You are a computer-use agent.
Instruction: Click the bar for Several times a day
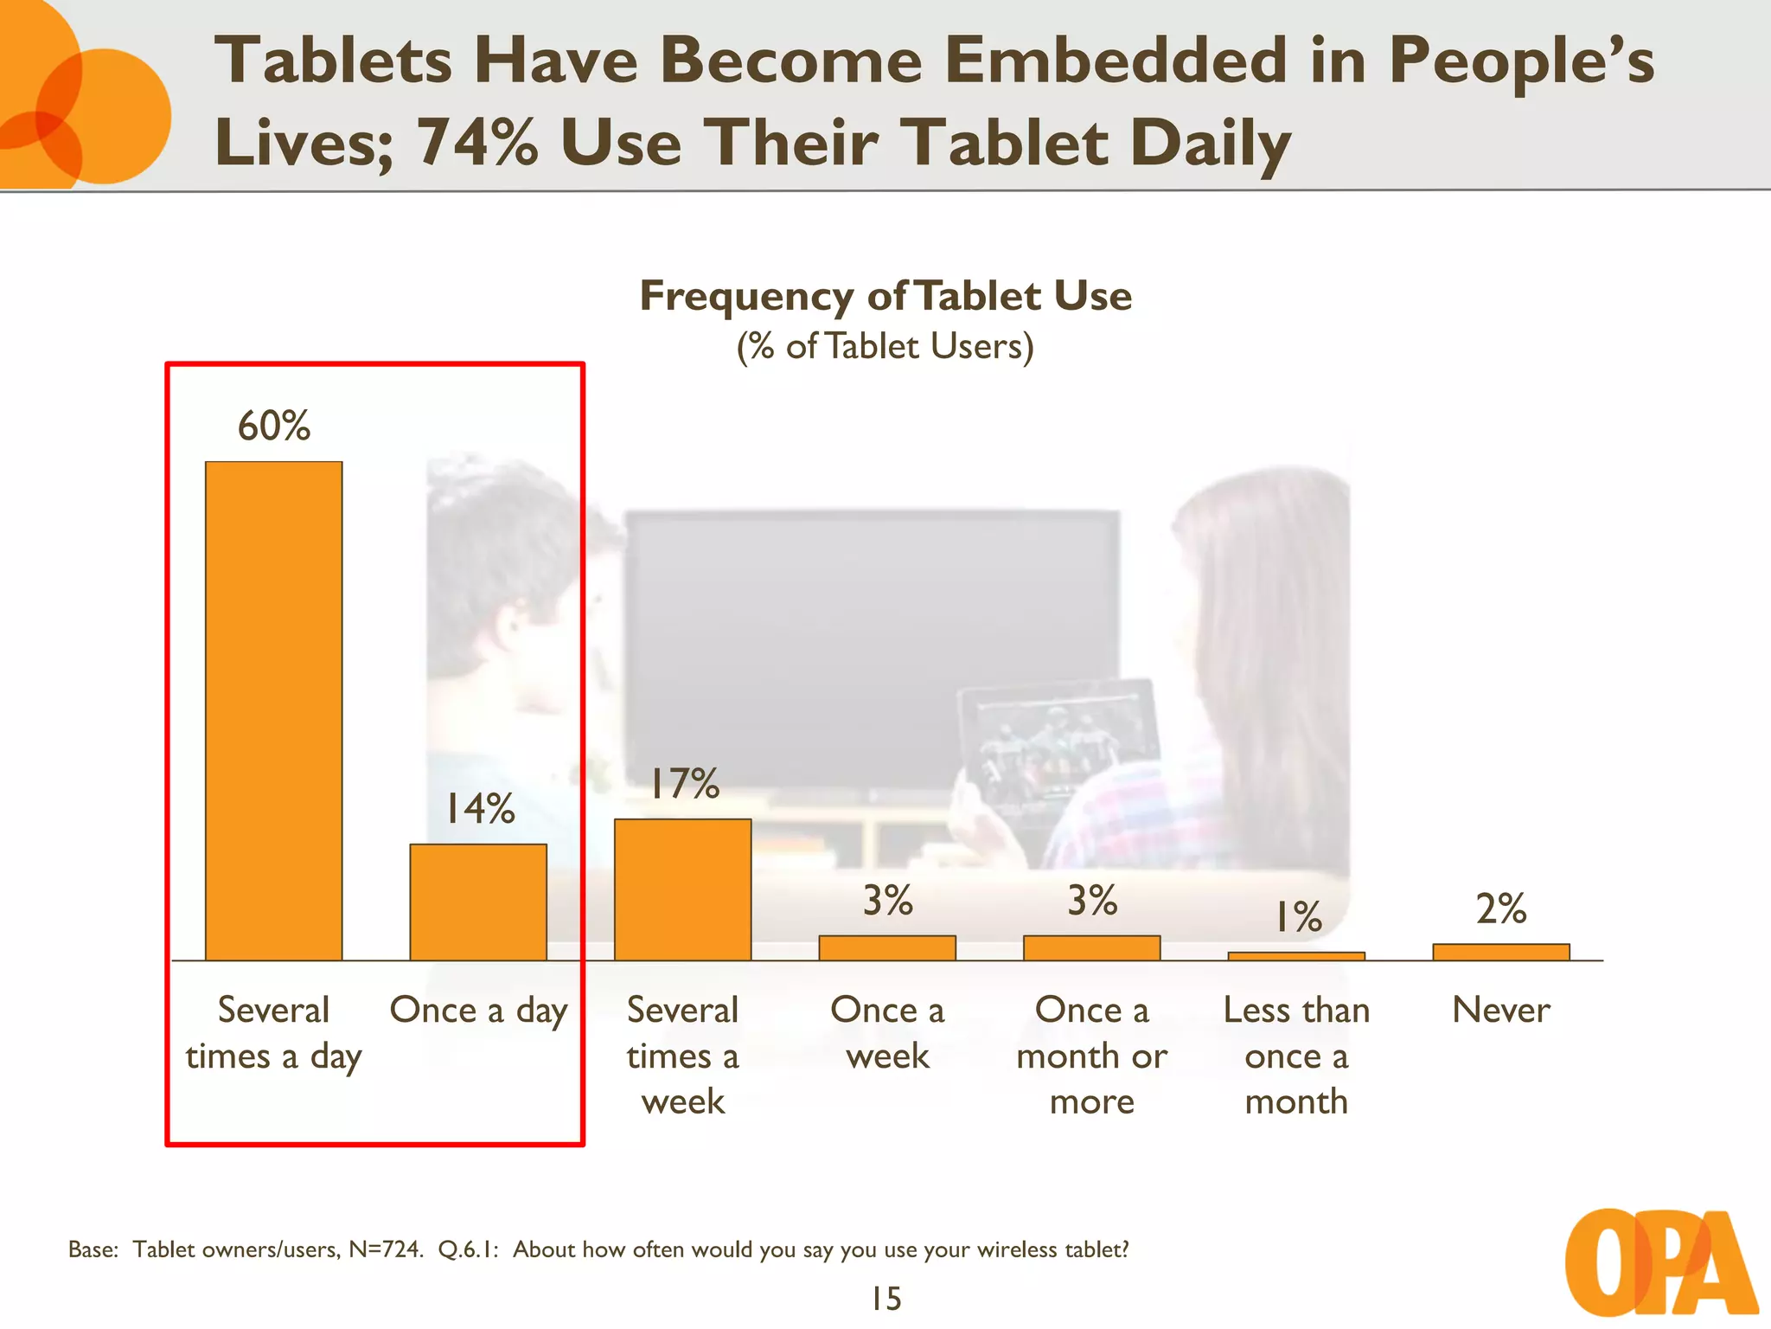click(273, 710)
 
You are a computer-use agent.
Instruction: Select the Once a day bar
click(478, 902)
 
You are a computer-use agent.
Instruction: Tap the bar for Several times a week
click(682, 889)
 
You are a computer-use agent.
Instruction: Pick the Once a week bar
click(887, 947)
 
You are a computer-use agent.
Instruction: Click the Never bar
click(1500, 952)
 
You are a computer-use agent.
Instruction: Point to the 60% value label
click(274, 426)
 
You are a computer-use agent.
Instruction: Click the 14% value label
click(479, 809)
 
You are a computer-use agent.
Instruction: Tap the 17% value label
click(683, 784)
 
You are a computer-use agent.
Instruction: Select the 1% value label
click(1298, 917)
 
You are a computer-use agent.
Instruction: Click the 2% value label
click(1500, 908)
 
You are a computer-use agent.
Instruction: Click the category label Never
click(1500, 1010)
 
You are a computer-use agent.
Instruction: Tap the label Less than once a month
click(1296, 1056)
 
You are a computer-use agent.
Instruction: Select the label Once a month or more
click(1091, 1056)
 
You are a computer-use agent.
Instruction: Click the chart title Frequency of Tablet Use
click(885, 296)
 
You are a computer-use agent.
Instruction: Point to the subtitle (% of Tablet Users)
click(885, 346)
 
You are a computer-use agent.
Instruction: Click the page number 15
click(885, 1299)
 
